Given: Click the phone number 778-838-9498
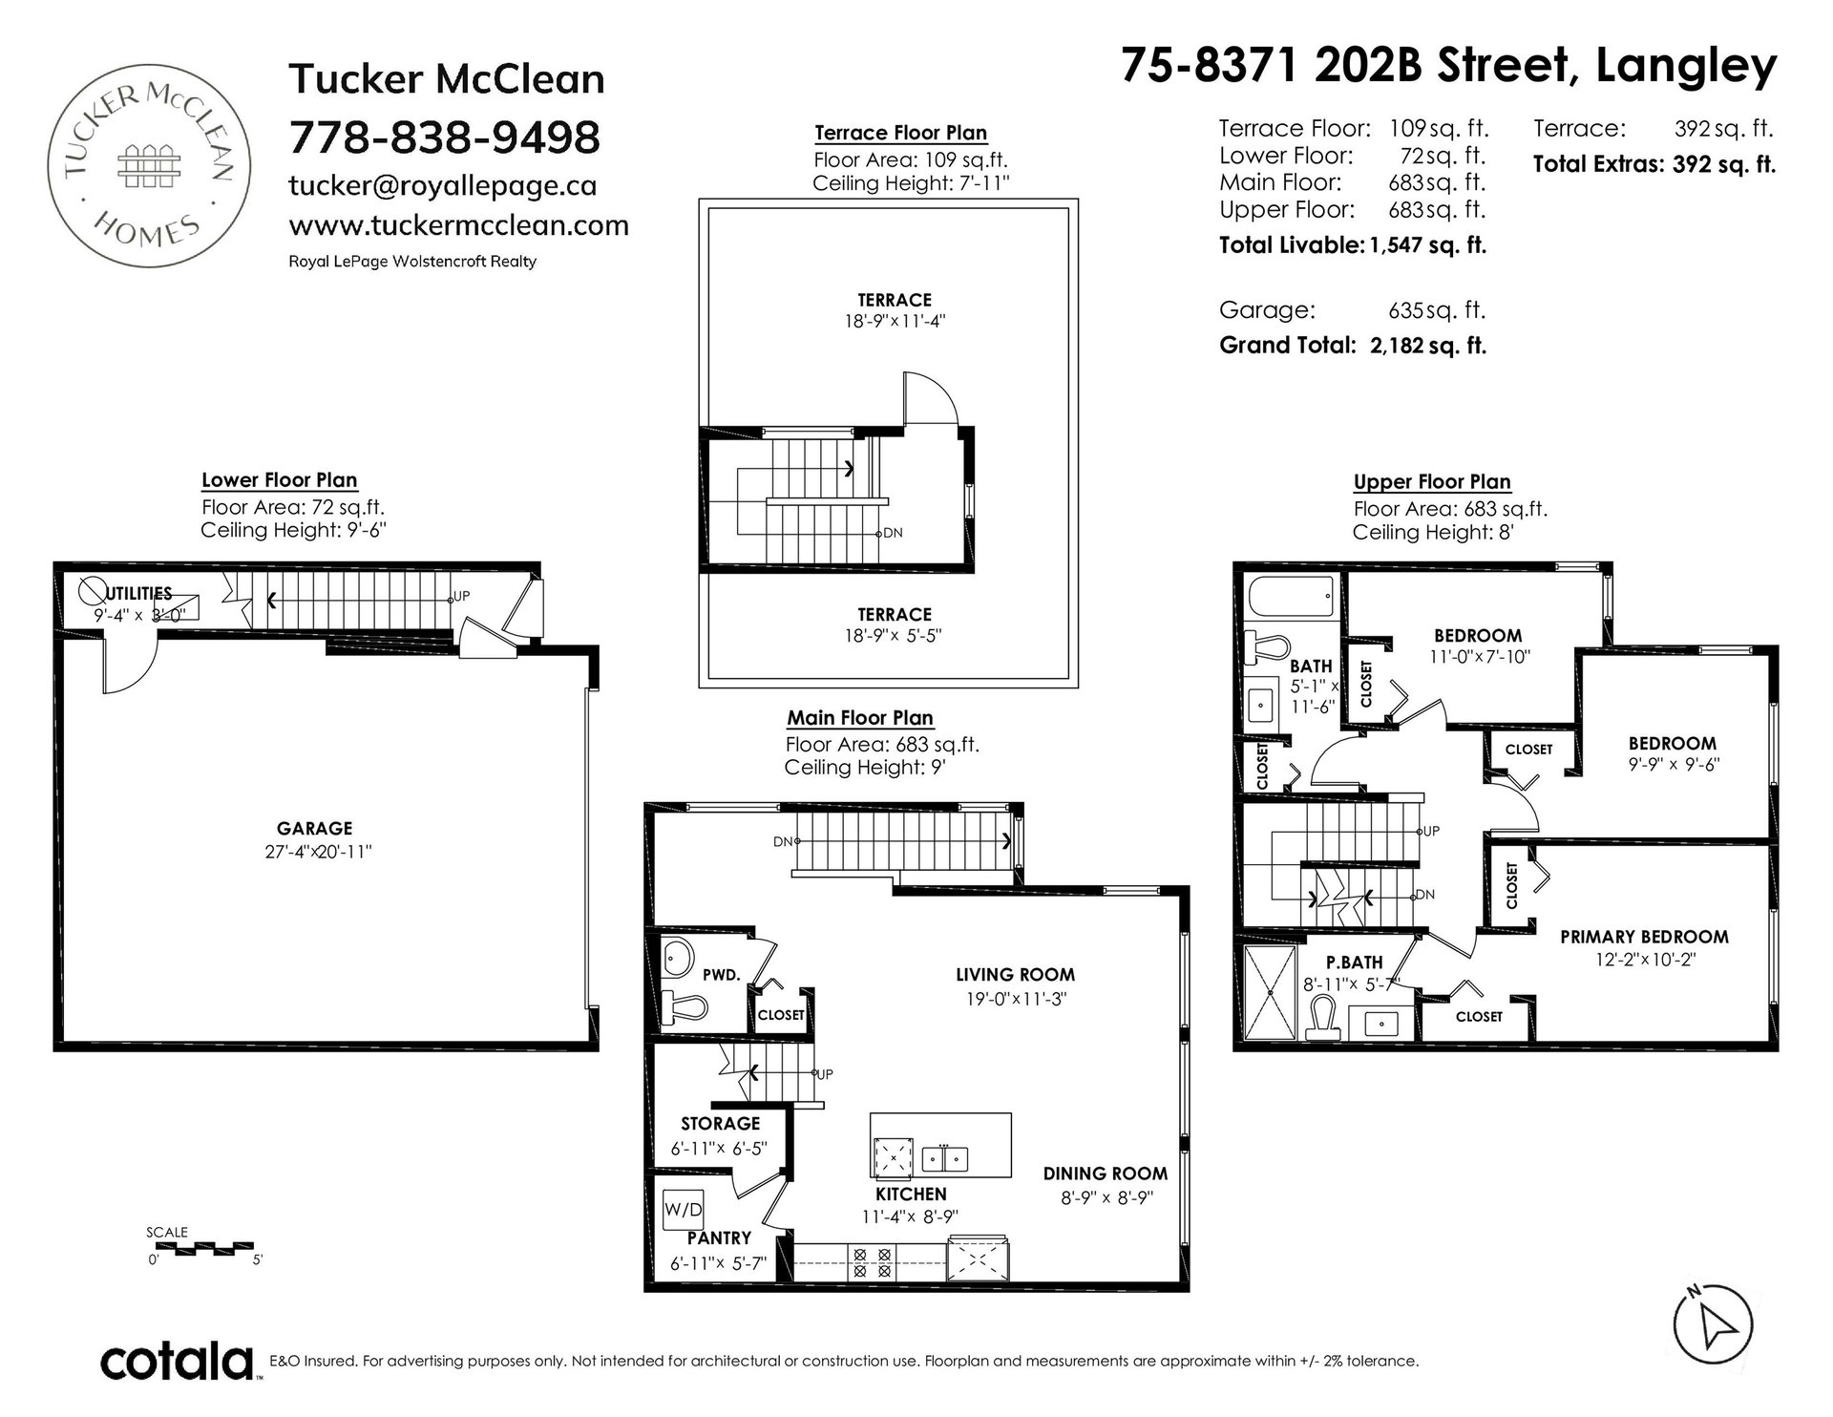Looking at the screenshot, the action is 444,137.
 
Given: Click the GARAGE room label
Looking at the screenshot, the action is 315,829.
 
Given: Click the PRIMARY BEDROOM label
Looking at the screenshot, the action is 1644,937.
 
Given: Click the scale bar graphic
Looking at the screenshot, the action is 204,1247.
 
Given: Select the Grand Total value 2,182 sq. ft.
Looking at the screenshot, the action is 1427,346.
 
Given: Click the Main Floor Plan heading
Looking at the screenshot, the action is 860,718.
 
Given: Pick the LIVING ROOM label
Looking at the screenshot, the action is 1016,975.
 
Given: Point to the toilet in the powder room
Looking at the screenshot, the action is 685,1006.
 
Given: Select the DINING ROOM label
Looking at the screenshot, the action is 1106,1174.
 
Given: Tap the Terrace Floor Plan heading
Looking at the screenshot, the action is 900,133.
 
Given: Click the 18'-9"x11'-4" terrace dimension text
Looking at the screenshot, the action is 895,322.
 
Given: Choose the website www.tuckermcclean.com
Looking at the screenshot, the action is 458,226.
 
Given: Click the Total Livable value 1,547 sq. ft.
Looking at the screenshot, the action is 1427,245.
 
